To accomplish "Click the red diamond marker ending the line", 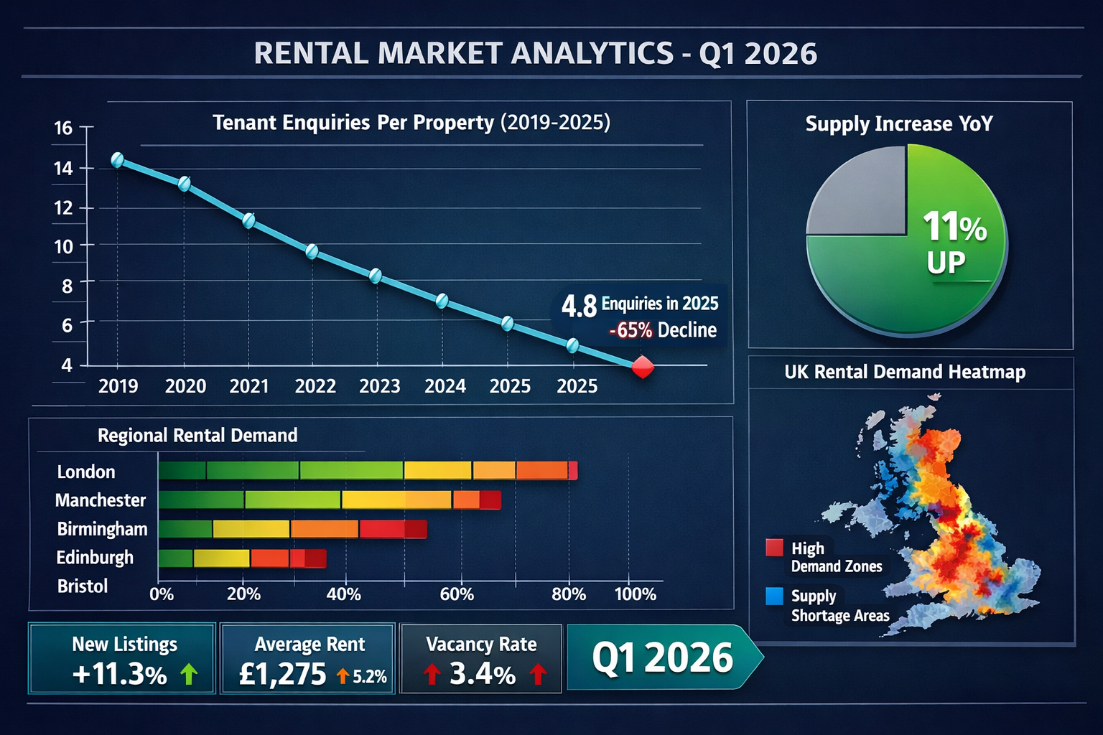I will pos(642,367).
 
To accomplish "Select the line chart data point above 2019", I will pos(118,160).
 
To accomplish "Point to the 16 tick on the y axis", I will pos(63,128).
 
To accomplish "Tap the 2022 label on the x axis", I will pos(315,386).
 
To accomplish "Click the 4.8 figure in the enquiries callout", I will pos(579,306).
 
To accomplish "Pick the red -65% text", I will pos(630,330).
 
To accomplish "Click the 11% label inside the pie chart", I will pos(954,227).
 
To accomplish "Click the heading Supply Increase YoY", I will pos(899,124).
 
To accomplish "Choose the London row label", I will pos(86,472).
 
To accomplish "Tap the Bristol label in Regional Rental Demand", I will pos(83,586).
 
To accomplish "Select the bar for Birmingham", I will pos(292,530).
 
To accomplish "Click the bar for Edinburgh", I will pos(242,558).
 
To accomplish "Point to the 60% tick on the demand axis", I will pos(457,594).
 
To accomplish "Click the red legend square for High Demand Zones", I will pos(774,548).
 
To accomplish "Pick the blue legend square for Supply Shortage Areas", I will pos(774,596).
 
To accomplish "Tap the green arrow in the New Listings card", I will pos(189,674).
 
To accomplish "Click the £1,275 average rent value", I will pos(282,674).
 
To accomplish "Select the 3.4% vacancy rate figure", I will pos(483,674).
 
